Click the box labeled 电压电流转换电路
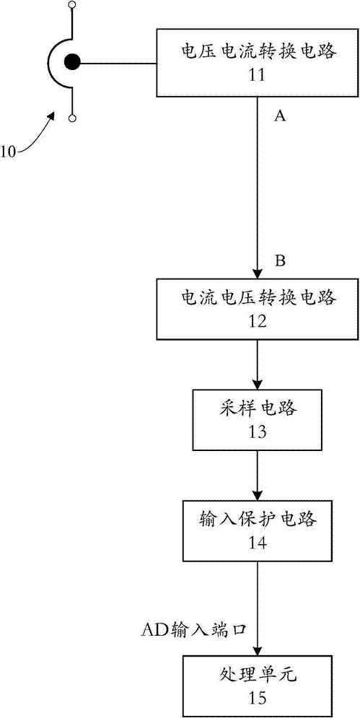pyautogui.click(x=258, y=62)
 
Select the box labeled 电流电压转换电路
pyautogui.click(x=258, y=310)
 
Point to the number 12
pyautogui.click(x=256, y=321)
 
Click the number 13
pyautogui.click(x=256, y=432)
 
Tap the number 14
pyautogui.click(x=256, y=543)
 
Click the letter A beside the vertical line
pyautogui.click(x=279, y=117)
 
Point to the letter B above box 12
pyautogui.click(x=279, y=261)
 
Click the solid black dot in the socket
pyautogui.click(x=72, y=62)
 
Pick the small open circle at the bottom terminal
pyautogui.click(x=72, y=118)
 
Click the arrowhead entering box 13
pyautogui.click(x=257, y=384)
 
